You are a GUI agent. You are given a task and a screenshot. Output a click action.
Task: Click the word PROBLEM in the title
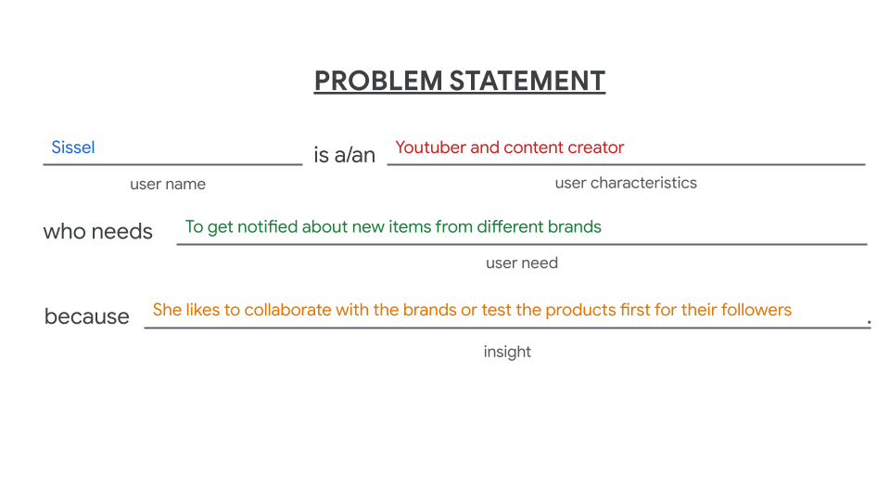pyautogui.click(x=378, y=81)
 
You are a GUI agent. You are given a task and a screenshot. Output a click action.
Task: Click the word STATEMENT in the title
pyautogui.click(x=528, y=81)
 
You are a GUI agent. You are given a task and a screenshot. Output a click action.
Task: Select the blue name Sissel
pyautogui.click(x=73, y=148)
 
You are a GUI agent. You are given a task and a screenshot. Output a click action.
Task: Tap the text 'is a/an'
pyautogui.click(x=345, y=155)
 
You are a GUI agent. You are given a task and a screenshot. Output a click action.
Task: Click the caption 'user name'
pyautogui.click(x=168, y=184)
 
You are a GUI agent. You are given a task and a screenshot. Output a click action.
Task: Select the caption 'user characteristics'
pyautogui.click(x=626, y=183)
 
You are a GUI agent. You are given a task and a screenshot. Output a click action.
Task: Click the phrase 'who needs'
pyautogui.click(x=97, y=232)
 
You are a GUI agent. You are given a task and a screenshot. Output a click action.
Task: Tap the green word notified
pyautogui.click(x=268, y=226)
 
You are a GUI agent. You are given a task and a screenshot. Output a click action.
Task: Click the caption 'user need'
pyautogui.click(x=522, y=263)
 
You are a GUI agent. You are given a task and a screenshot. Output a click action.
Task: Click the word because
pyautogui.click(x=87, y=316)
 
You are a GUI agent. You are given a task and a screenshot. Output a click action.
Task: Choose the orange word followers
pyautogui.click(x=756, y=310)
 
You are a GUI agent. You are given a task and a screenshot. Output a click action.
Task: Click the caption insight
pyautogui.click(x=507, y=352)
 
